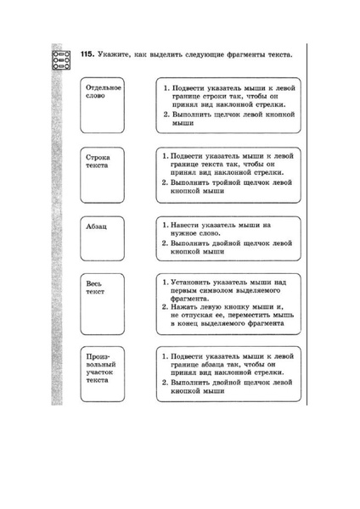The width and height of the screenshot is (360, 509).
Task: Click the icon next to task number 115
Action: point(61,59)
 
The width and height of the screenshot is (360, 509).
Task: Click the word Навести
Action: point(186,227)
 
